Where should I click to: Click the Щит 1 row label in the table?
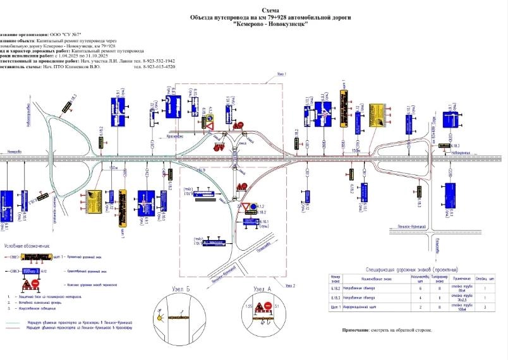point(336,308)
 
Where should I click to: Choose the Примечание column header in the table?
point(463,277)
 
